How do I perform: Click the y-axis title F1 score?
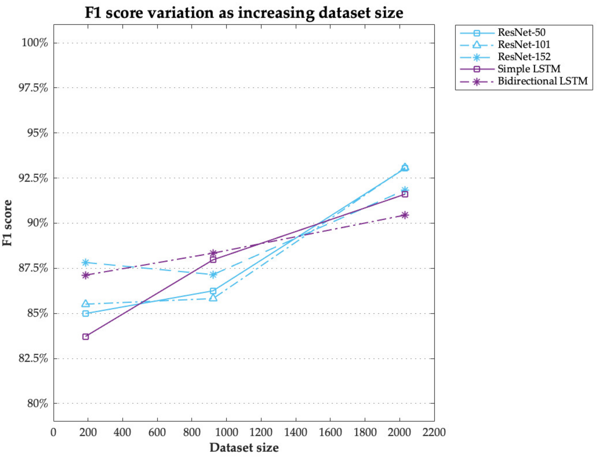[x=7, y=223]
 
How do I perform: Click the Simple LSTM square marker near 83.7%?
[x=86, y=337]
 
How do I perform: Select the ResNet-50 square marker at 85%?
[x=86, y=313]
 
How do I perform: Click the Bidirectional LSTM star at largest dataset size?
[x=405, y=215]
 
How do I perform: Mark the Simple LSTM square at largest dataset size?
[x=405, y=194]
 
